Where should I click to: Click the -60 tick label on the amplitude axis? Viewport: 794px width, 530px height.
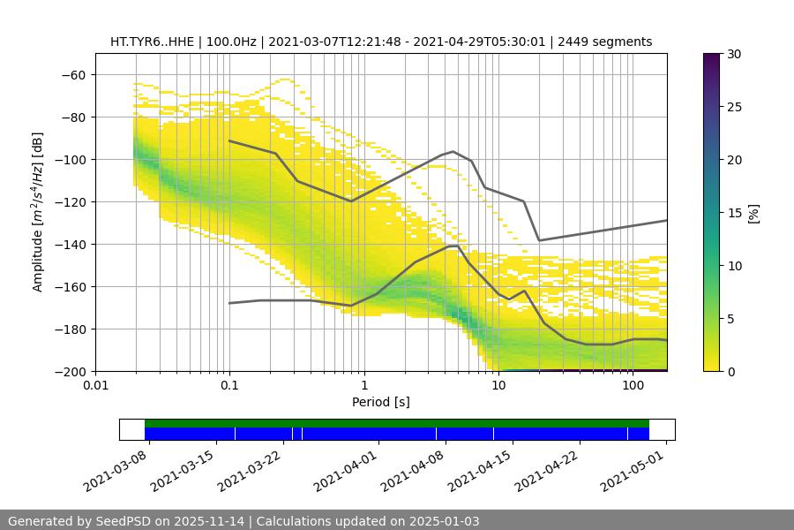click(72, 75)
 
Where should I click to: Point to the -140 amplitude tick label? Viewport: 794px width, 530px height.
click(69, 245)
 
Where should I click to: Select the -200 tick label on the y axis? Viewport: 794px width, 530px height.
click(69, 372)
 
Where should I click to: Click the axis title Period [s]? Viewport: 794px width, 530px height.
click(381, 403)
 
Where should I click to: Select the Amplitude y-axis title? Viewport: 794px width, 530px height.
click(39, 212)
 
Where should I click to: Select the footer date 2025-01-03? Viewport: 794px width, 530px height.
click(446, 521)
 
